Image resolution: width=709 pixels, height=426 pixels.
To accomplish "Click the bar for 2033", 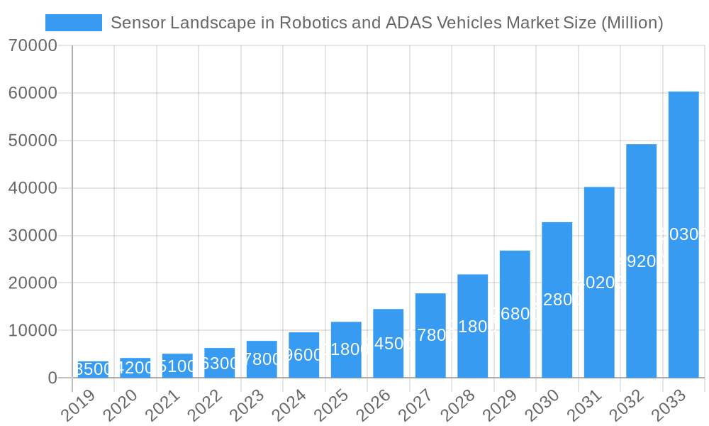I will click(x=683, y=177).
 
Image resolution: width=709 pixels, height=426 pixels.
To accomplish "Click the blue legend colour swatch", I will click(x=74, y=23).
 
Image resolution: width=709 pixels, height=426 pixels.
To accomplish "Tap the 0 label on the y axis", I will click(x=52, y=378).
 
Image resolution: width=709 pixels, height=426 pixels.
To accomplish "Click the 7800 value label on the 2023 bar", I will click(x=262, y=359).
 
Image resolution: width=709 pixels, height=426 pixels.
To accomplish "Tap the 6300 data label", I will click(x=220, y=364).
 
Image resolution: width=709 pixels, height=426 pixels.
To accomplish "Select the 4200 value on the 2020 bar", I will click(x=135, y=368).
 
